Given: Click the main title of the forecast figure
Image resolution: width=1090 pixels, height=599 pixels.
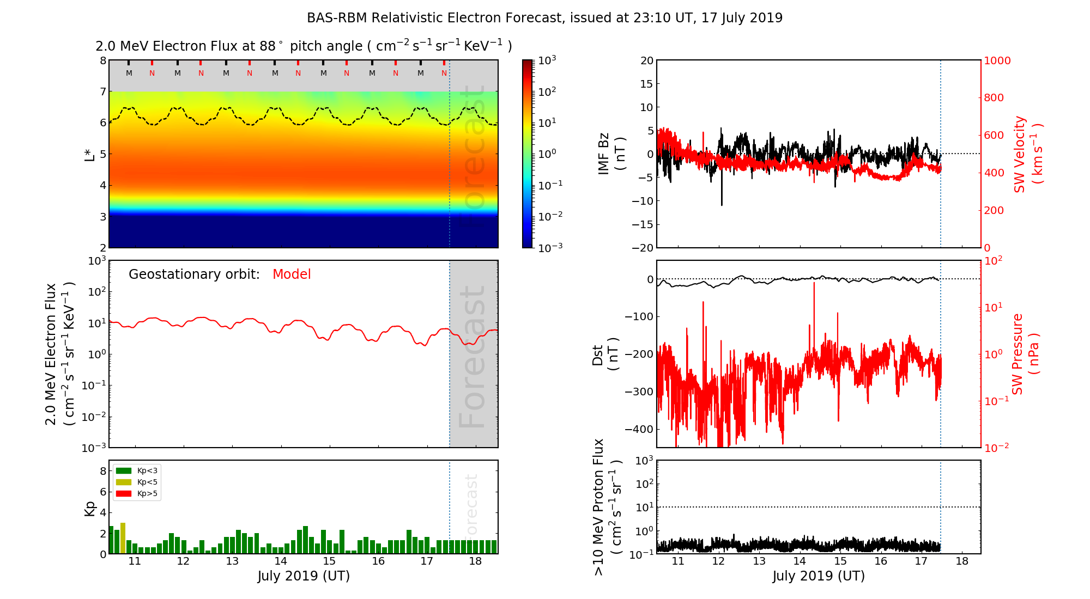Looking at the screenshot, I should pos(544,18).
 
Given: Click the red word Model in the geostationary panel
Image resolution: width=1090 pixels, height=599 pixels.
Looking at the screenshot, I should pos(292,274).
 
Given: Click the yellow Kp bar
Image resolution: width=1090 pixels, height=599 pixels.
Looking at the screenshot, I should pos(123,538).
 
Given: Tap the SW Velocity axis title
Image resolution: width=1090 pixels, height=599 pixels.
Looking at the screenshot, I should pos(1027,154).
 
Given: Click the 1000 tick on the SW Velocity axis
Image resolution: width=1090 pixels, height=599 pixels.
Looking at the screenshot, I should pos(997,60).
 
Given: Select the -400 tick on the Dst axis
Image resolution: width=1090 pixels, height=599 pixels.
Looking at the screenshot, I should pos(638,429).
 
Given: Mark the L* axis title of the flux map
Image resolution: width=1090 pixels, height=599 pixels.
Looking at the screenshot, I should pos(90,154).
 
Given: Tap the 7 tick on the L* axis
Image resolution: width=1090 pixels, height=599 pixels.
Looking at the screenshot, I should pos(102,91).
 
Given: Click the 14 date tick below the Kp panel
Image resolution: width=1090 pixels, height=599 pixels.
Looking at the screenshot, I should pos(280,561).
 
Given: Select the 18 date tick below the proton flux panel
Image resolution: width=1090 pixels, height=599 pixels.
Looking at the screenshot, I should pos(962,561).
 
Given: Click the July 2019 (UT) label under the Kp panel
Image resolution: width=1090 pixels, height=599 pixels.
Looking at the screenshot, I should pos(304,576).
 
